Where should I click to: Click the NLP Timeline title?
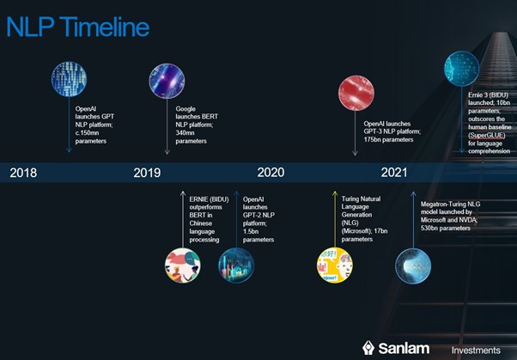78,27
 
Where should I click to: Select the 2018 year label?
23,173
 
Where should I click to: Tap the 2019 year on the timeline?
147,173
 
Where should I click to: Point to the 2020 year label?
271,172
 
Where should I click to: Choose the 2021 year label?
394,172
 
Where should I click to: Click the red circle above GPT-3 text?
356,93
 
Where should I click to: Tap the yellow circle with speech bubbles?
335,265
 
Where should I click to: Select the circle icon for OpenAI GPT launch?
70,79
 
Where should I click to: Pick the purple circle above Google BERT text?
167,81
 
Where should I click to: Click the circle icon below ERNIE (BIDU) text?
183,265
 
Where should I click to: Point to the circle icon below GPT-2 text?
236,265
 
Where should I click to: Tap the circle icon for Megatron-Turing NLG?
413,266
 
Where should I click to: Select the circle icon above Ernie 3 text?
462,69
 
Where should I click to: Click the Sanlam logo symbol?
368,348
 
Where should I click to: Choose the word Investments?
476,350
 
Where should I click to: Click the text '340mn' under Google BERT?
185,133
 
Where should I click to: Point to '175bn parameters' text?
388,139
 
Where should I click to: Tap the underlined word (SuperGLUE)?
487,135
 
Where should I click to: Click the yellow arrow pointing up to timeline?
335,219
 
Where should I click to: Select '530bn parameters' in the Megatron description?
446,229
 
